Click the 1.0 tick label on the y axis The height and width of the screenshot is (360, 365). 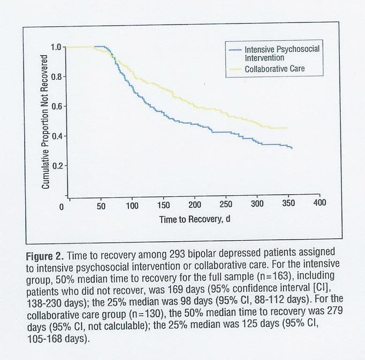point(56,47)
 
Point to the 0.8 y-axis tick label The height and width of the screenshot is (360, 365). point(56,76)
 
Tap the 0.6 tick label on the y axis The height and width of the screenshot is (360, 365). point(56,106)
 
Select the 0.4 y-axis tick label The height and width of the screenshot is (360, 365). point(56,136)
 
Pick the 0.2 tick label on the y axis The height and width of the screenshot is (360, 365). point(56,165)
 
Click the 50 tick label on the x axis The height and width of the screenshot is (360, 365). point(101,206)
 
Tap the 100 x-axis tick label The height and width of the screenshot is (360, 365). point(132,206)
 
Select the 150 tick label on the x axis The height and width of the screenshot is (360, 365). point(164,206)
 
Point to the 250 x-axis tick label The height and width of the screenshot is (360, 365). point(226,205)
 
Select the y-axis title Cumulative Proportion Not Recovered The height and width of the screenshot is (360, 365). point(45,121)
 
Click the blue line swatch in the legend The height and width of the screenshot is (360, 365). point(235,49)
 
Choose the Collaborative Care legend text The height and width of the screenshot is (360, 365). point(275,69)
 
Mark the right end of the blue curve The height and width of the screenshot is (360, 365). point(292,148)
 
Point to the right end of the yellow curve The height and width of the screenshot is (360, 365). point(287,128)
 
